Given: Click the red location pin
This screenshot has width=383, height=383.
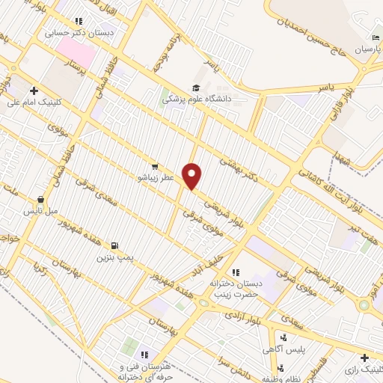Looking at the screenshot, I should (192, 176).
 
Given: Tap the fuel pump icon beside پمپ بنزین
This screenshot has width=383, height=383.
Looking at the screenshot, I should (113, 245).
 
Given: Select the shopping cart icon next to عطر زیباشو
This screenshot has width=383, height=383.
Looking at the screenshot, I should (155, 167).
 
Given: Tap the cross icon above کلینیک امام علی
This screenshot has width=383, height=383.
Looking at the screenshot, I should (34, 91).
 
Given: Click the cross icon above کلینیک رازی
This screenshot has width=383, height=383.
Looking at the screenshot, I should (364, 358).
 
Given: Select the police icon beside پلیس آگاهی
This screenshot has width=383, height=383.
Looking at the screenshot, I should (283, 338).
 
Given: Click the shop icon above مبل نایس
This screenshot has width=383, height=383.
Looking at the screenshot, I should (41, 200).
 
